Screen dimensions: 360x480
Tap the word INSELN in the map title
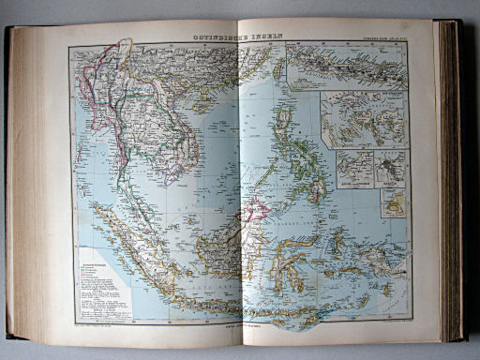267,37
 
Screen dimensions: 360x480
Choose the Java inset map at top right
347,66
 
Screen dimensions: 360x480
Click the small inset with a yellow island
393,201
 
